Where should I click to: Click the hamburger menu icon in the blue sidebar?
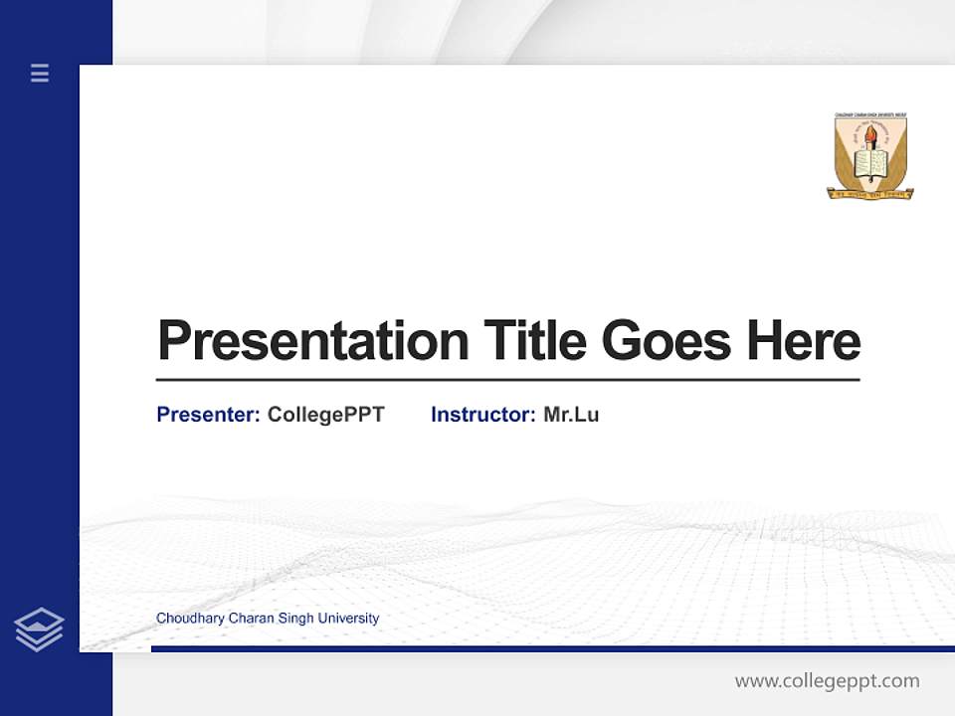click(40, 73)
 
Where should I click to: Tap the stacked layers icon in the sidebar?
click(39, 629)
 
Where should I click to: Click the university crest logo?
click(870, 156)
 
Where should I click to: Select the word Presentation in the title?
click(312, 341)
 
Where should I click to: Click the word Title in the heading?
click(534, 341)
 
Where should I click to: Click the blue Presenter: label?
click(208, 415)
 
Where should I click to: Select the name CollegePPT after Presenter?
click(325, 415)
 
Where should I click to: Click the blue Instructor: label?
click(482, 415)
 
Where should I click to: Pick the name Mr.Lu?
click(571, 415)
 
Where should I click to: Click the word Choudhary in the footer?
click(190, 619)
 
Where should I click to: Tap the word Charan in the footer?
click(250, 619)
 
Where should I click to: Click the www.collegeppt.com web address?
click(827, 681)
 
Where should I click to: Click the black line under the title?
click(507, 379)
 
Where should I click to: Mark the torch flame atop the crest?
click(870, 129)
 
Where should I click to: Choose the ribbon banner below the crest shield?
click(870, 194)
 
